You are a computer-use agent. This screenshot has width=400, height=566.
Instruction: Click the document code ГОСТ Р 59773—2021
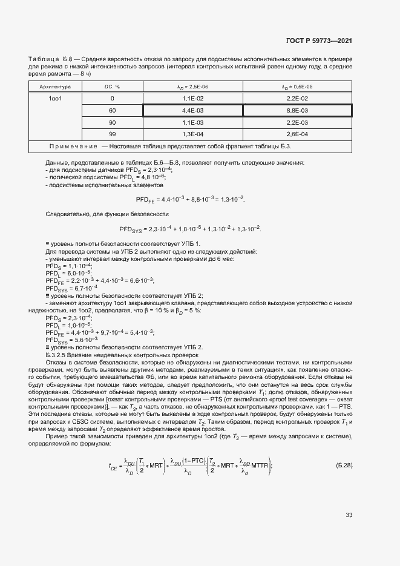click(x=319, y=41)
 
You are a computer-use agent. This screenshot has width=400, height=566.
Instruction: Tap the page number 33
click(x=349, y=515)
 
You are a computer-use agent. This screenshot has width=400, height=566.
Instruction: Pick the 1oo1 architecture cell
click(x=55, y=98)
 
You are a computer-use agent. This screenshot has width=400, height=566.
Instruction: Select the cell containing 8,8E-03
click(x=297, y=110)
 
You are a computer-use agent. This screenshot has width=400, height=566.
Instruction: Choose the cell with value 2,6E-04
click(x=297, y=134)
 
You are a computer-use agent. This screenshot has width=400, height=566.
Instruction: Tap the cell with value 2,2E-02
click(x=297, y=98)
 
